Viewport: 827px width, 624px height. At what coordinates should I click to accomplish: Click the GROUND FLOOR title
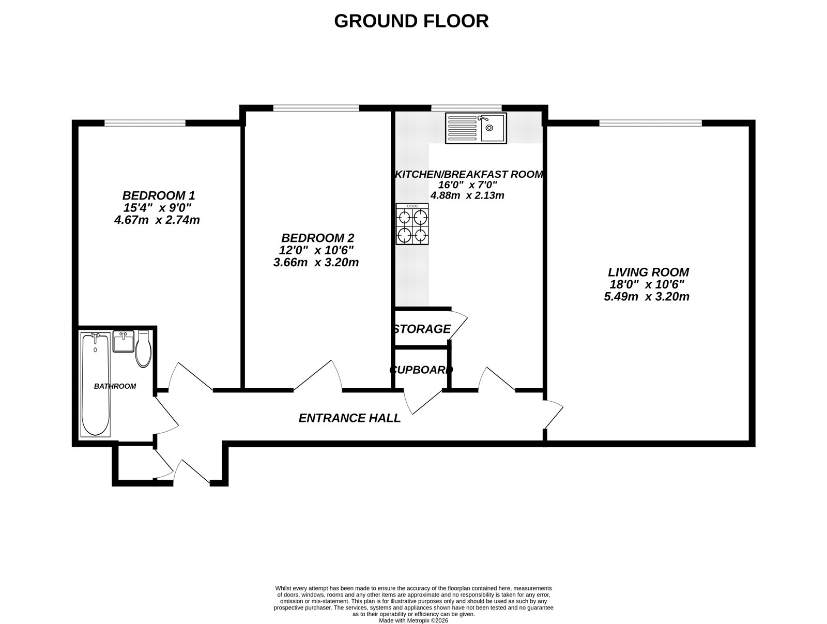coord(411,21)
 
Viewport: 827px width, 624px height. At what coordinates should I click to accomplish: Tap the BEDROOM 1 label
coord(158,196)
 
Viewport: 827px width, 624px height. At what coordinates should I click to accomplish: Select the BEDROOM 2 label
coord(317,238)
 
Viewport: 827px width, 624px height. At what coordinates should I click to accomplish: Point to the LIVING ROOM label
coord(648,272)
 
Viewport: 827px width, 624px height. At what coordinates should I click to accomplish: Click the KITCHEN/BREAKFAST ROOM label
coord(469,174)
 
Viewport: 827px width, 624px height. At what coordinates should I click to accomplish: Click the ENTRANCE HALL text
coord(349,418)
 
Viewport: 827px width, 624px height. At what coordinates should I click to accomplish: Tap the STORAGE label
coord(422,329)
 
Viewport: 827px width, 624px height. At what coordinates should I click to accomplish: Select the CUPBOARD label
coord(421,370)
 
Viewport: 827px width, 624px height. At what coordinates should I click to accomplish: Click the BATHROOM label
coord(115,386)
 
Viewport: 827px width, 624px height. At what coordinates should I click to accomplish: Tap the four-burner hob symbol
coord(412,224)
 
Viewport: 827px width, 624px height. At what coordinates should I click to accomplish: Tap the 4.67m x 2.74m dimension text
coord(157,220)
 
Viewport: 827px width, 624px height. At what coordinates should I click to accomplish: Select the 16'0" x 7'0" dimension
coord(467,185)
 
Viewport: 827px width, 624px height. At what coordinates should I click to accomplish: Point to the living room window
coord(650,123)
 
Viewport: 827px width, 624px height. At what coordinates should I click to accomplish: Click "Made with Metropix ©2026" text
coord(413,620)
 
